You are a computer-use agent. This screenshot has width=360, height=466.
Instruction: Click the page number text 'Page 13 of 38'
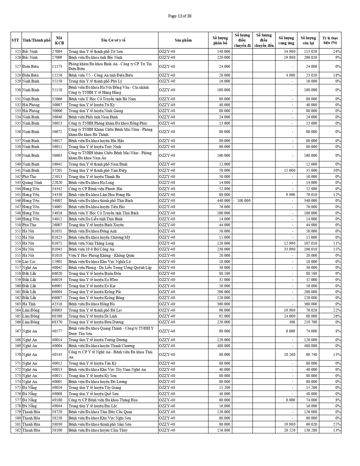pos(180,16)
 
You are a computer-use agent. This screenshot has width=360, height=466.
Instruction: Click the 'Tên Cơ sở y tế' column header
pos(113,40)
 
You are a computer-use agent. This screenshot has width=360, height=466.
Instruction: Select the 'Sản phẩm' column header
pos(183,40)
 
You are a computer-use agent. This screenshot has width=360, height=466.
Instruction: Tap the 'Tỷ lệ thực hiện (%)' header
pos(330,40)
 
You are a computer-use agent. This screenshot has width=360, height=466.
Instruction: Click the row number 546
pos(18,201)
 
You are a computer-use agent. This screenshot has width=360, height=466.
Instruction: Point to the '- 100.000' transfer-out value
pos(242,201)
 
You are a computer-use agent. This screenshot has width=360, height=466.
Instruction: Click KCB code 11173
pos(57,66)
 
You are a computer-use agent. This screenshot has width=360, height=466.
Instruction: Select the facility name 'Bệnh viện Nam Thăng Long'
pos(91,243)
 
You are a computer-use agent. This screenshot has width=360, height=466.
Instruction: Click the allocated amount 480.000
pos(223,346)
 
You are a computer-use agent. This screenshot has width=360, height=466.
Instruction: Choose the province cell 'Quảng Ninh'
pos(32,182)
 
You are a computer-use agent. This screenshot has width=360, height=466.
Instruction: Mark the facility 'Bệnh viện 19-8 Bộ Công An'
pos(91,249)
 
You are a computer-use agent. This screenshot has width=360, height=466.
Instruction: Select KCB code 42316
pos(57,304)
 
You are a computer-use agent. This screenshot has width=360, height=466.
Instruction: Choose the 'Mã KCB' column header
pos(59,40)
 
